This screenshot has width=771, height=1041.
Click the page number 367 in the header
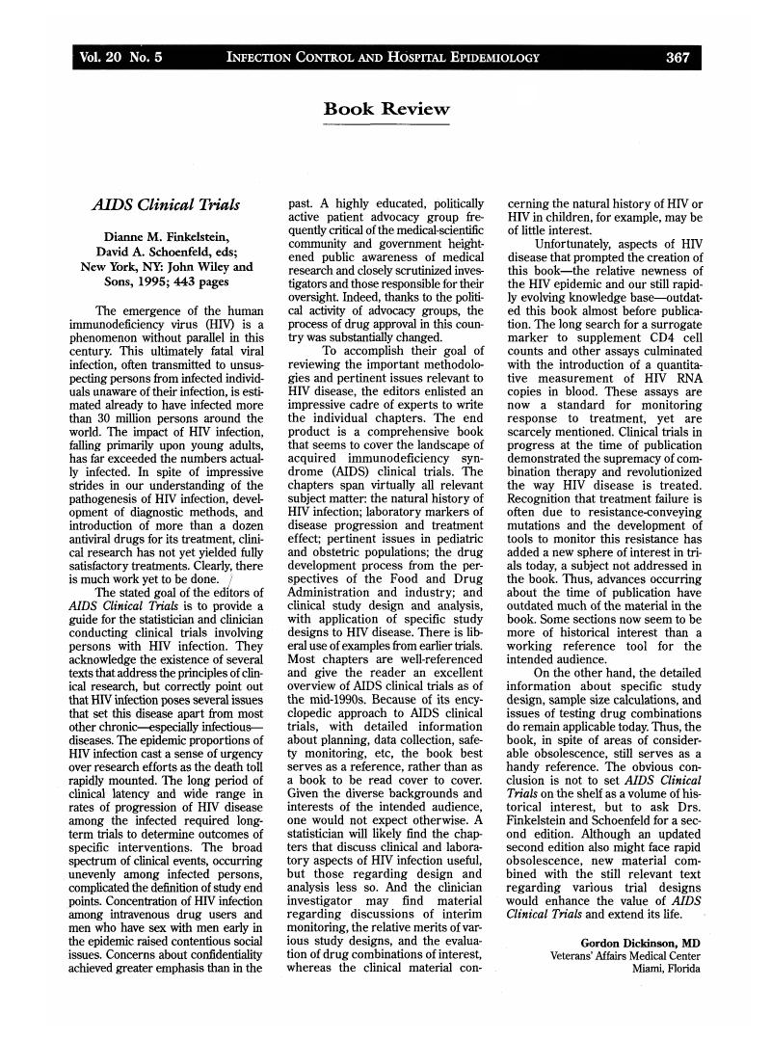pyautogui.click(x=678, y=58)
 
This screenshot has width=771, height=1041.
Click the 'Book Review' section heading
pyautogui.click(x=385, y=109)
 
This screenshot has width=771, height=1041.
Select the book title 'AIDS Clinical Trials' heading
pyautogui.click(x=166, y=205)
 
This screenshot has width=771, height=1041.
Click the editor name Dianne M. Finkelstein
pyautogui.click(x=166, y=237)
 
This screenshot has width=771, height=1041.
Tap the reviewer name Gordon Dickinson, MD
pyautogui.click(x=640, y=942)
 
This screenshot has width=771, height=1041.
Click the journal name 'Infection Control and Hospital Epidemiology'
pyautogui.click(x=383, y=58)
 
